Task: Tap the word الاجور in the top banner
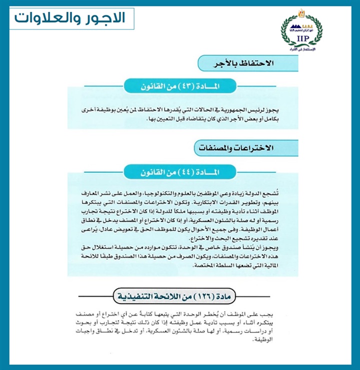(x=106, y=18)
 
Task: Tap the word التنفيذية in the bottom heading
(x=137, y=299)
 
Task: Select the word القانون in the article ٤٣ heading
(x=155, y=86)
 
